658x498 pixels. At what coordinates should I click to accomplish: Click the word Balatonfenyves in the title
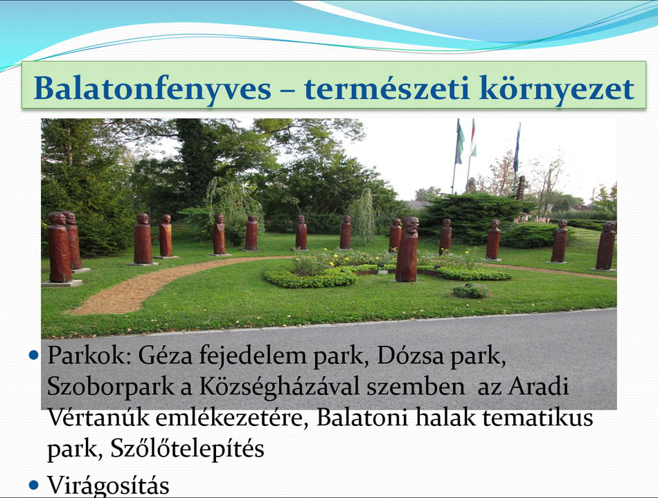click(x=152, y=89)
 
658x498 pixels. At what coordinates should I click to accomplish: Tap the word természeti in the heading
click(x=386, y=88)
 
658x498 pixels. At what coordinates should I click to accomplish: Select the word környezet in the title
click(x=557, y=89)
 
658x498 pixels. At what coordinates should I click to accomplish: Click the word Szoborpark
click(x=111, y=387)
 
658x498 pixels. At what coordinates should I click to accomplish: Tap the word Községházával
click(x=280, y=387)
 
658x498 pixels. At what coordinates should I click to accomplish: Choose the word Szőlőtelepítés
click(x=187, y=449)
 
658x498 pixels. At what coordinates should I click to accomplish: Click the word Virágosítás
click(x=108, y=486)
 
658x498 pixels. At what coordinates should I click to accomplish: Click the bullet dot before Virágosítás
click(x=33, y=486)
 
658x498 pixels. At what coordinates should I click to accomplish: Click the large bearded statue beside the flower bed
click(x=407, y=249)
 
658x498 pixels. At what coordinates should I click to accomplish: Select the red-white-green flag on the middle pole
click(x=472, y=138)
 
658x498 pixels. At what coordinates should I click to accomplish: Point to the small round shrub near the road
click(x=472, y=290)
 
